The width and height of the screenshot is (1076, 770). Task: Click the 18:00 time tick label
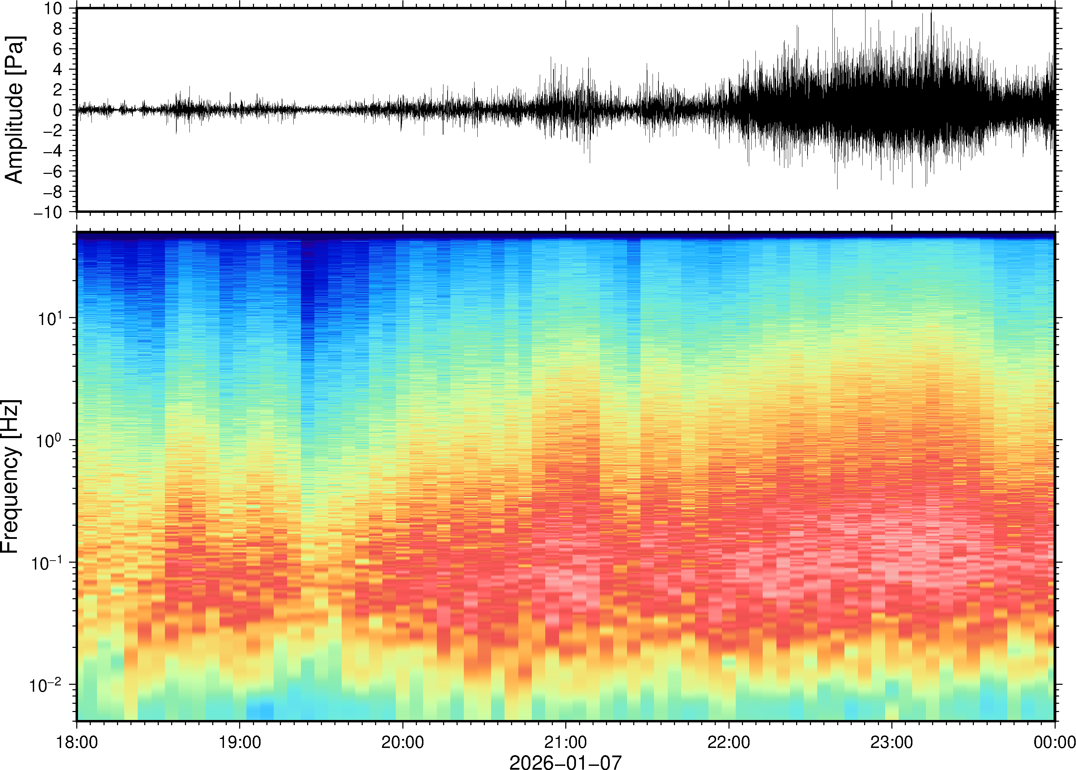click(x=77, y=742)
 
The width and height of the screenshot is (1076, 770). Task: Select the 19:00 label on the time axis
click(x=239, y=742)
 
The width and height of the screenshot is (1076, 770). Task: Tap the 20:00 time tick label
click(x=403, y=742)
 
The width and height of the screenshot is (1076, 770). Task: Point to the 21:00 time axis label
click(x=565, y=742)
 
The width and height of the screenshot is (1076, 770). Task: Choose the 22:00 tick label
click(x=728, y=742)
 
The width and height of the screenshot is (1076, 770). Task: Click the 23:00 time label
click(x=891, y=742)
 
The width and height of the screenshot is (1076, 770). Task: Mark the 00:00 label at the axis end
click(x=1054, y=742)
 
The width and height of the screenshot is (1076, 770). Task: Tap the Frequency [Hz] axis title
click(x=10, y=476)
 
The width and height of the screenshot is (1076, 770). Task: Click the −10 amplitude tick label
click(x=48, y=213)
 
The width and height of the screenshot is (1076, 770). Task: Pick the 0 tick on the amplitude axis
click(x=58, y=110)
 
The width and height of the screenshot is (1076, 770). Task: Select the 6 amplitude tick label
click(x=58, y=49)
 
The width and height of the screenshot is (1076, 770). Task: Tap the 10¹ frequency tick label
click(x=51, y=318)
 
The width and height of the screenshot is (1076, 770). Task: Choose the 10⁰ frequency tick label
click(x=51, y=440)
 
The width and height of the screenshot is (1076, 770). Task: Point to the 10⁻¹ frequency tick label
click(x=47, y=562)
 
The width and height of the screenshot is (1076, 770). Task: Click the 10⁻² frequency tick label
click(x=47, y=685)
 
